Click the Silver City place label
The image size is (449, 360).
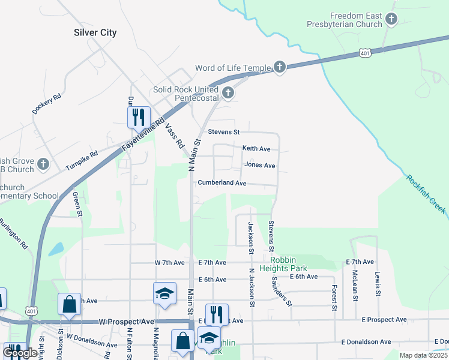95,33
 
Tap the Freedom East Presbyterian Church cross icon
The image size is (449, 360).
391,20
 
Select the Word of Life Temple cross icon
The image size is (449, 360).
279,67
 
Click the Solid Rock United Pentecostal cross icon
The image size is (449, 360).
228,92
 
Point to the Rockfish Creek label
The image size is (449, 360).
426,194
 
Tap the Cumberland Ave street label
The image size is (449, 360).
222,183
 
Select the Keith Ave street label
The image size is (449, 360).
256,148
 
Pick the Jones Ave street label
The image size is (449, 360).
260,166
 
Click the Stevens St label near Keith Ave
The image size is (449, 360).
223,132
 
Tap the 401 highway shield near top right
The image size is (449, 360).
365,53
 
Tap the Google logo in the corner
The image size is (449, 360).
20,352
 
